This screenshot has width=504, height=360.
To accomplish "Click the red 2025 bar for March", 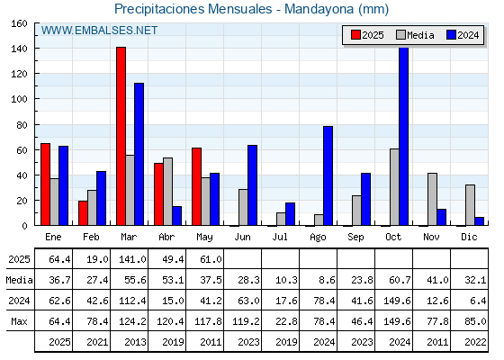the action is (121, 136).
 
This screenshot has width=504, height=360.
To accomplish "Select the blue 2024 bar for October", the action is (404, 136).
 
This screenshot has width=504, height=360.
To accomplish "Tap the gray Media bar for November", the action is (432, 199).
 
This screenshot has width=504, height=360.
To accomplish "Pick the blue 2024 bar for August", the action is (328, 175).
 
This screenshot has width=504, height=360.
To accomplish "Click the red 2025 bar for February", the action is (83, 213).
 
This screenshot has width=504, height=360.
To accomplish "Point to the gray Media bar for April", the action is (167, 192).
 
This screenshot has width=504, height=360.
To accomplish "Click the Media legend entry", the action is (415, 35).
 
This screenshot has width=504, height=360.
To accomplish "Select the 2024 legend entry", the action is (463, 35).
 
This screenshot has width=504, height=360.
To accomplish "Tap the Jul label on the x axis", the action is (280, 237).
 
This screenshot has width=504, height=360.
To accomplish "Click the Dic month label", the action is (469, 237).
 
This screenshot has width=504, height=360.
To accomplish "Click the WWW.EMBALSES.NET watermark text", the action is (99, 31).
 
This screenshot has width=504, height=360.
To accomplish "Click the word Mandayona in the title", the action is (319, 9).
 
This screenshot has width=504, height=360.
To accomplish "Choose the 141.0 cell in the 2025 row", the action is (133, 259).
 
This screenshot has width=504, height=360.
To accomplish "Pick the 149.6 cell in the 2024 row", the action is (397, 301).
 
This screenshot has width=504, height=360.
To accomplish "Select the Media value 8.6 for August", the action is (328, 280).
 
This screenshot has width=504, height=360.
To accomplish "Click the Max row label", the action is (19, 321).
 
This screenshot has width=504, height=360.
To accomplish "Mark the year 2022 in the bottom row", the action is (475, 342).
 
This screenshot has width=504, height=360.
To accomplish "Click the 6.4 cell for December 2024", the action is (479, 301).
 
